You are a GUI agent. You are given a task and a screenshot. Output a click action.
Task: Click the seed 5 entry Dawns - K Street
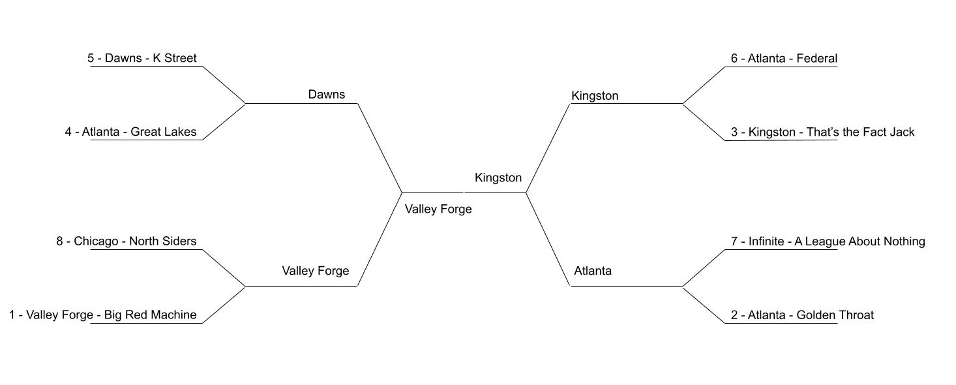[142, 58]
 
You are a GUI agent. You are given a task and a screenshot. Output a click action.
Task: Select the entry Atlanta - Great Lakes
[130, 132]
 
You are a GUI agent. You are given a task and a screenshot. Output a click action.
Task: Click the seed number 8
[60, 241]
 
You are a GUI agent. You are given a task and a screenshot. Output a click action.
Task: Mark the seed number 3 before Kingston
[734, 132]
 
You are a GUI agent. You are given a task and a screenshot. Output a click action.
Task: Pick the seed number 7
[734, 241]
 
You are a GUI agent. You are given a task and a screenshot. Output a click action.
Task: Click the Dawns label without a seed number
[326, 95]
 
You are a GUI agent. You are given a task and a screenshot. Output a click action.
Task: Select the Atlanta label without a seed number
[593, 271]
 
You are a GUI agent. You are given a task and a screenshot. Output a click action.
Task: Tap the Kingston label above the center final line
[498, 177]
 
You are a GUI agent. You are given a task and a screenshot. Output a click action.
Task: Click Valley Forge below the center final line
[438, 209]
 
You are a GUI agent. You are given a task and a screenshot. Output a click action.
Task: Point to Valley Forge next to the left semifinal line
[315, 271]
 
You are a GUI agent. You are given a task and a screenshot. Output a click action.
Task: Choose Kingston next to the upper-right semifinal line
[595, 96]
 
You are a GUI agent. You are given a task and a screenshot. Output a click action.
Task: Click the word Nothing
[904, 241]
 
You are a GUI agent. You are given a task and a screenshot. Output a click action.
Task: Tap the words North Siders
[162, 241]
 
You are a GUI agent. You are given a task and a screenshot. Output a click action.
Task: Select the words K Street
[175, 58]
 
